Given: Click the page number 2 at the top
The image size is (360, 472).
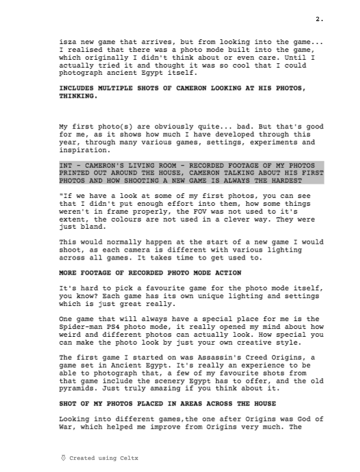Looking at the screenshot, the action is [x=320, y=19].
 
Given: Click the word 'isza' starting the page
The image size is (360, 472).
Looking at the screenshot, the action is [x=68, y=42].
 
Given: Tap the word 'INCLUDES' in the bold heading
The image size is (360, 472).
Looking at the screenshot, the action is [x=76, y=88].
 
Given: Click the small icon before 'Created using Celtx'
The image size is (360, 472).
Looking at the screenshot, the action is [x=64, y=458].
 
